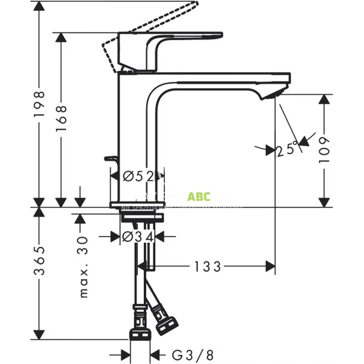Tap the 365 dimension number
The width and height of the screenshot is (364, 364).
(x=39, y=261)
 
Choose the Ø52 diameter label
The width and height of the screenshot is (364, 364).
(x=136, y=177)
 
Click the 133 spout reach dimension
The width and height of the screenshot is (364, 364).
(x=207, y=266)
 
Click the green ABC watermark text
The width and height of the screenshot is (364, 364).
(x=198, y=197)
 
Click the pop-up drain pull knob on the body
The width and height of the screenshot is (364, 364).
(x=112, y=160)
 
